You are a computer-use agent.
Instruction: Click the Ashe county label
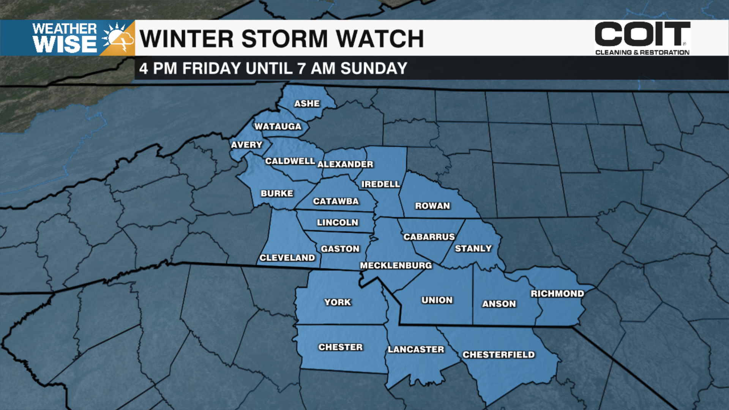[x=307, y=104]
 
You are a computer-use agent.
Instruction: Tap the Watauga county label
[x=278, y=126]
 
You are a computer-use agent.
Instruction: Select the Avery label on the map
[x=247, y=145]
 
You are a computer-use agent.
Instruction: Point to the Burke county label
[x=277, y=193]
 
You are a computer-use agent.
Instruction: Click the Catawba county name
[x=336, y=201]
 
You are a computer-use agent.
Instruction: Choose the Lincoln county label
[x=338, y=222]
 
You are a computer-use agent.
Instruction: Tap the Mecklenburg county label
[x=396, y=265]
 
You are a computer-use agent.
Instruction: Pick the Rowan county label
[x=432, y=206]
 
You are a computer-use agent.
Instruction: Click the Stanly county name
[x=473, y=249]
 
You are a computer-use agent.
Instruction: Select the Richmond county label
[x=557, y=293]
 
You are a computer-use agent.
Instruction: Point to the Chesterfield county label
[x=499, y=355]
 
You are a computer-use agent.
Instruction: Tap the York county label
[x=338, y=302]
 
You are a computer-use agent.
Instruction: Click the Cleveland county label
[x=287, y=258]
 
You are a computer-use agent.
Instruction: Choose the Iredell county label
[x=380, y=184]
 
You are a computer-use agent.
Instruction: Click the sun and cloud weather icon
[x=118, y=38]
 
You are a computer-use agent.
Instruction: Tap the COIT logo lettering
[x=642, y=34]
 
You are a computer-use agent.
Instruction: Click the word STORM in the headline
[x=284, y=39]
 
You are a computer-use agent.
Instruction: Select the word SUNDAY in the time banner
[x=374, y=69]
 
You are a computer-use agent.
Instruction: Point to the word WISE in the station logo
[x=65, y=45]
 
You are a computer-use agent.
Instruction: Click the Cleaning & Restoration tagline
[x=642, y=52]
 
